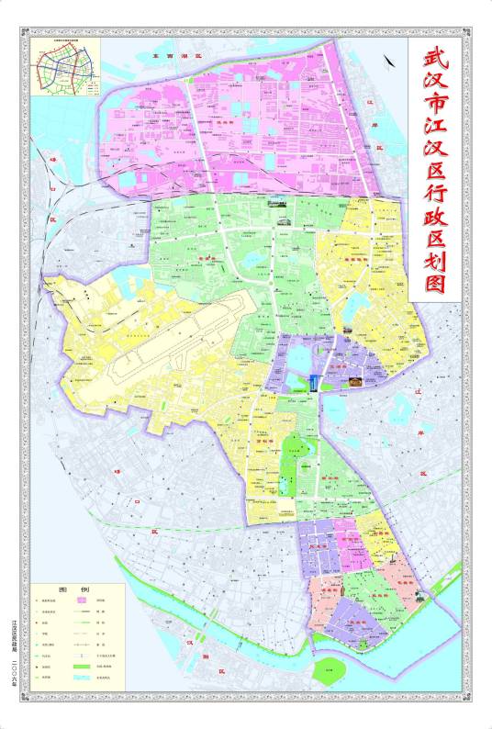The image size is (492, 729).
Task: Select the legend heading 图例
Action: [75, 589]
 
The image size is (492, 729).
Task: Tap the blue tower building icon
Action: [313, 383]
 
